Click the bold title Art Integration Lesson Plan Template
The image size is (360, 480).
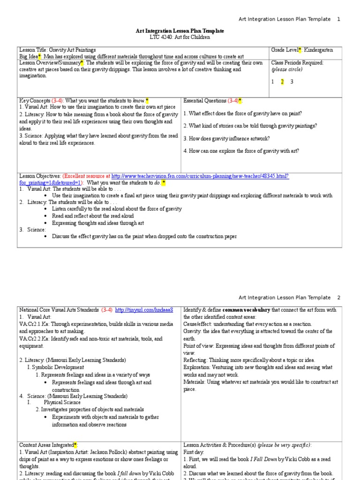coord(180,31)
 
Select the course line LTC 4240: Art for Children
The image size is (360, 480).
coord(180,37)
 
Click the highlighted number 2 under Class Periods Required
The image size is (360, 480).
coord(282,82)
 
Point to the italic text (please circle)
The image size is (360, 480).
coord(287,69)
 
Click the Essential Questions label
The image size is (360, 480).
coord(205,101)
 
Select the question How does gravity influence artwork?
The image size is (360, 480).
coord(226,138)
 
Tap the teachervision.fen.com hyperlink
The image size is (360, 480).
coord(200,176)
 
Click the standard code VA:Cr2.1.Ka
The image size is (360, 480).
coord(32,323)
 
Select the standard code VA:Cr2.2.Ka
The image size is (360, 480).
coord(32,338)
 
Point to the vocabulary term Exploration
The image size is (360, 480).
coord(197,367)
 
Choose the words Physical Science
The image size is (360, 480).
coord(62,402)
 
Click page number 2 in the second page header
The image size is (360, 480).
coord(338,297)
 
